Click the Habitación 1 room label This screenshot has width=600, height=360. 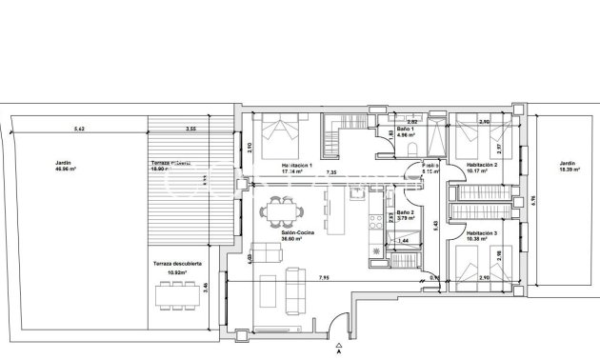tap(296, 165)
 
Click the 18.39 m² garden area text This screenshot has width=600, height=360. tap(569, 170)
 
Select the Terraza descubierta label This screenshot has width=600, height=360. tap(175, 265)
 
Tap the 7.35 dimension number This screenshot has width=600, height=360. tap(330, 172)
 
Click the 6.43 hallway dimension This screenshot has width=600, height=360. tap(436, 225)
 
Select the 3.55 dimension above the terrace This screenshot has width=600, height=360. tap(190, 129)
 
